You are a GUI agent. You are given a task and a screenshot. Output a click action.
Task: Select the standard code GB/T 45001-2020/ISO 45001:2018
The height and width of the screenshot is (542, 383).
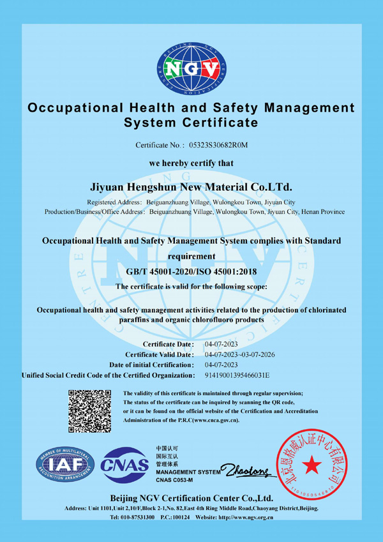191,272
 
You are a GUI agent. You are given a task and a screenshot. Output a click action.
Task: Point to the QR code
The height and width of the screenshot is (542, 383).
89,410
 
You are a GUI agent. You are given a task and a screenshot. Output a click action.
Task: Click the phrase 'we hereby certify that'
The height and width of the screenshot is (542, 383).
191,163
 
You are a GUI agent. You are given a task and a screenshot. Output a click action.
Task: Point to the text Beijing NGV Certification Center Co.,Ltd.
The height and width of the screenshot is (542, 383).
191,497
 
